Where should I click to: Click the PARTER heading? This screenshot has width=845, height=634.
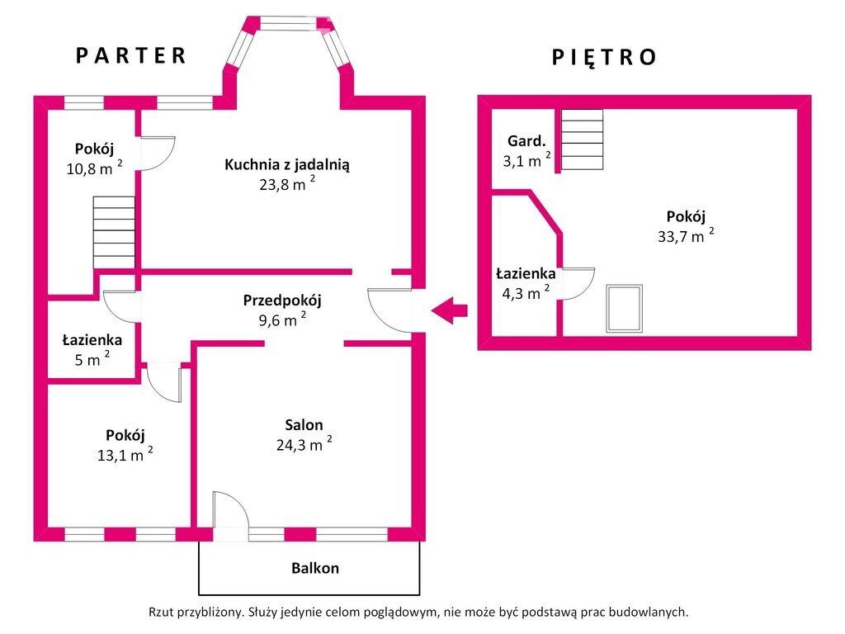pos(131,55)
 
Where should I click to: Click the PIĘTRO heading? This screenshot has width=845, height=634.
pos(604,57)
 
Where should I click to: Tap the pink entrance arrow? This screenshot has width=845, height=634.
pos(449,310)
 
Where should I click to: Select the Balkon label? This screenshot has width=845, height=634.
pos(315,568)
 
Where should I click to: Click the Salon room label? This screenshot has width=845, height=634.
pos(304,425)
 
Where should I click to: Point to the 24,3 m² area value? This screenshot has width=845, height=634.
pos(304,444)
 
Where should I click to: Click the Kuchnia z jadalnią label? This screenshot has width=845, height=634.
pos(286,165)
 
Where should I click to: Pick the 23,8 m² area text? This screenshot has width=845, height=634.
pos(286,184)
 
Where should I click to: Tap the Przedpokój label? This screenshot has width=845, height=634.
pos(282,300)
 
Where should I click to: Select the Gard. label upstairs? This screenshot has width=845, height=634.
pos(526,141)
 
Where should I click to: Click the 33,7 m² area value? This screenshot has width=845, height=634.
pos(686,236)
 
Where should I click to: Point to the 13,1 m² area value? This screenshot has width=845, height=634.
pos(125,455)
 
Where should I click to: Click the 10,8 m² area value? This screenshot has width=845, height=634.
pos(94,168)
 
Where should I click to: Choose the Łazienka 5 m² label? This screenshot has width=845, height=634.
pos(92,349)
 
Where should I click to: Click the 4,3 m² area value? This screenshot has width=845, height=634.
pos(526,293)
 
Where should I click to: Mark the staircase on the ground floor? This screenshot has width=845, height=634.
pos(114,232)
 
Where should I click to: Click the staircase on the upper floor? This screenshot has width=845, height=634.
pos(582,140)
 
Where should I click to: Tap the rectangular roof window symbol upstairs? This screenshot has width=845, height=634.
pos(624,309)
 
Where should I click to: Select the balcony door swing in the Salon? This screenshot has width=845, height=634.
pos(231,510)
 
